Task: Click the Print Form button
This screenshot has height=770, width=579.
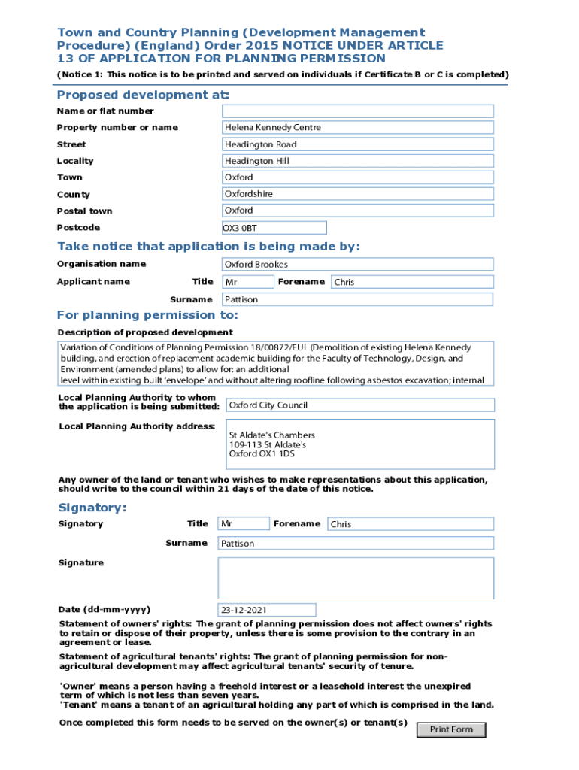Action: tap(451, 729)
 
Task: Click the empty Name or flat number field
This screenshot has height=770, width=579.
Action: tap(357, 111)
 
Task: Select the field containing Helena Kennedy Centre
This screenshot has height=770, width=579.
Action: tap(357, 128)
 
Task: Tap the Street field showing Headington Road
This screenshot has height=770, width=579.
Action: tap(357, 144)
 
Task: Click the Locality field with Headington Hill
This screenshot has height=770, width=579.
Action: tap(357, 161)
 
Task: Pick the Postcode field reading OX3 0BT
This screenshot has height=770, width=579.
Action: tap(274, 228)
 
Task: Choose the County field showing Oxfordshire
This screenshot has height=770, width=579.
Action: tap(357, 194)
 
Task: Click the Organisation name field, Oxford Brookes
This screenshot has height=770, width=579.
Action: tap(357, 265)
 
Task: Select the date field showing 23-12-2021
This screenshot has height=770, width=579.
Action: tap(267, 610)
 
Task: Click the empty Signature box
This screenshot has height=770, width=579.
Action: tap(356, 577)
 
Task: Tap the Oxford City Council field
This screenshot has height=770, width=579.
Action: tap(360, 405)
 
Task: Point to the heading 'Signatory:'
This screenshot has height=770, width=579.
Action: tap(92, 508)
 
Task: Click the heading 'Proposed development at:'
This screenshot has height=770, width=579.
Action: tap(143, 95)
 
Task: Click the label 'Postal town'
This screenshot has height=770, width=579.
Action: tap(85, 211)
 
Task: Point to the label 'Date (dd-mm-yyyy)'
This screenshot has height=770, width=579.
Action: tap(104, 609)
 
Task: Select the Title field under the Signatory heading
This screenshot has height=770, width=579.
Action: tap(243, 524)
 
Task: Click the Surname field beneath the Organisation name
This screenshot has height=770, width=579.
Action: tap(357, 299)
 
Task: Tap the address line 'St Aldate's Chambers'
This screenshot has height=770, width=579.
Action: tap(272, 435)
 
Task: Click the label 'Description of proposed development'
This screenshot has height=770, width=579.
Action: tap(145, 332)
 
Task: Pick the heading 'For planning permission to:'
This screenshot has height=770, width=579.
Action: tap(147, 315)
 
